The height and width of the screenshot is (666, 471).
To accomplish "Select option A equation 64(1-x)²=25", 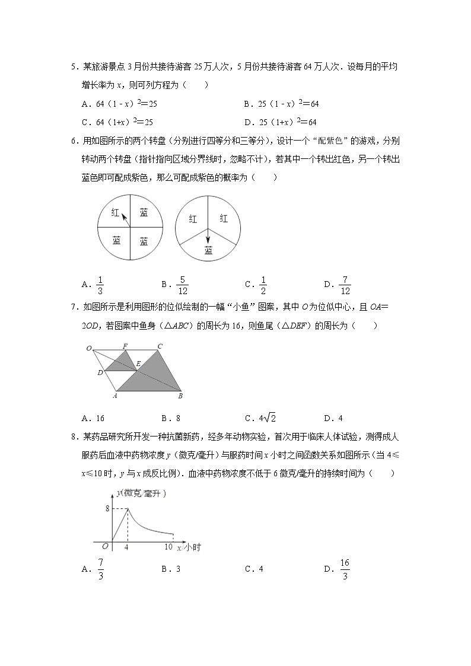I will [119, 104].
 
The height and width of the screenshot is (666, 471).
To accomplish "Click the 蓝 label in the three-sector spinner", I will [208, 250].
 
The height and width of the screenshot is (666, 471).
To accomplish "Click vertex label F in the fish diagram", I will [125, 346].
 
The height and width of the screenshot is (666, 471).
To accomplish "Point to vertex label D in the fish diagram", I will [100, 372].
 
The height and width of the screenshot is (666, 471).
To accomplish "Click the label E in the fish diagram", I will [138, 364].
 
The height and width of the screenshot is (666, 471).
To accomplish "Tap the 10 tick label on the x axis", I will [168, 546].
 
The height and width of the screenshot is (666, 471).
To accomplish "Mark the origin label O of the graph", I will [104, 546].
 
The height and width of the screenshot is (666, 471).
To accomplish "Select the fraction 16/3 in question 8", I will [345, 569].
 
